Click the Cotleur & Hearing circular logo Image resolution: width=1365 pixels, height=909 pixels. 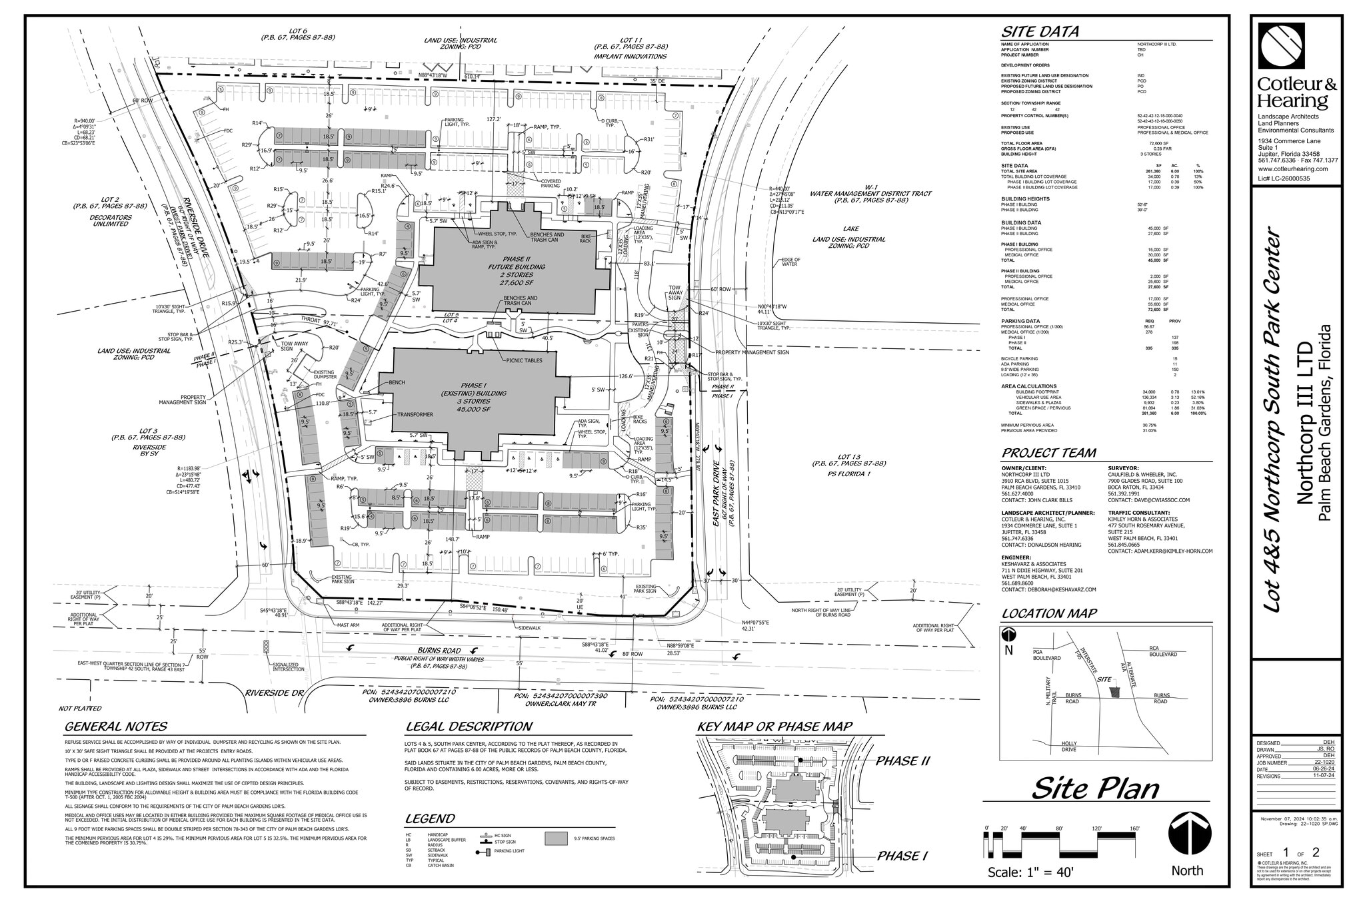click(1281, 46)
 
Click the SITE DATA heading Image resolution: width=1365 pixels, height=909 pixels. click(1040, 32)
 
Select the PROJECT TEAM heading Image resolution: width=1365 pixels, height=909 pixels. click(1048, 454)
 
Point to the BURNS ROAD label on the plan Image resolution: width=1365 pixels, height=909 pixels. click(439, 650)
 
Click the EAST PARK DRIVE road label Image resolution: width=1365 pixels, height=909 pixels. click(716, 493)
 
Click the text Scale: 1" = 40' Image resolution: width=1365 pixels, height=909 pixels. click(1030, 872)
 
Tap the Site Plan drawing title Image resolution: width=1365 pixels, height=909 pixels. click(1095, 788)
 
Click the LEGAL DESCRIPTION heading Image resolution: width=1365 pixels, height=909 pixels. click(469, 727)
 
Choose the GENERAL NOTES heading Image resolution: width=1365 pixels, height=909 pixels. click(116, 727)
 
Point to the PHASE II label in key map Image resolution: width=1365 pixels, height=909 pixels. click(902, 761)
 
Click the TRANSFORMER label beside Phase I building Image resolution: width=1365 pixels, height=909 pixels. click(415, 414)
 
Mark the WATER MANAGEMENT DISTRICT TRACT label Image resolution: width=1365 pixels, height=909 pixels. click(870, 194)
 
